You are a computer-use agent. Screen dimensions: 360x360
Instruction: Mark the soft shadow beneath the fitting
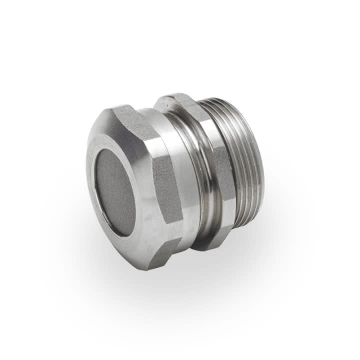(x=200, y=280)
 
